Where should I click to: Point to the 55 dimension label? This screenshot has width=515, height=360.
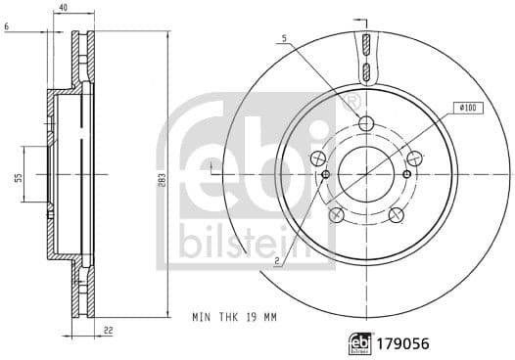pyautogui.click(x=18, y=176)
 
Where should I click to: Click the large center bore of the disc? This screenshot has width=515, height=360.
pyautogui.click(x=366, y=175)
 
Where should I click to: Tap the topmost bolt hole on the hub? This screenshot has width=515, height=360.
pyautogui.click(x=366, y=123)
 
